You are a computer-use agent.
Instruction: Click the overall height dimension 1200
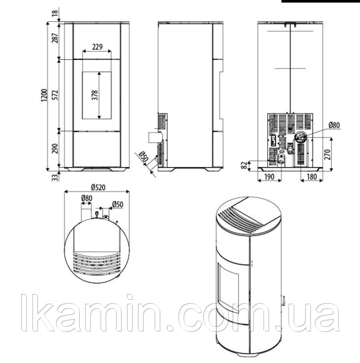click(x=44, y=95)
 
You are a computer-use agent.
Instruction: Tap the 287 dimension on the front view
click(x=55, y=37)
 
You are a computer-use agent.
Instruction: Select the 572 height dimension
click(x=55, y=95)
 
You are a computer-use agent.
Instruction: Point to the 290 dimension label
click(x=55, y=149)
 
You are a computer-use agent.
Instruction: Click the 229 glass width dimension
click(x=97, y=47)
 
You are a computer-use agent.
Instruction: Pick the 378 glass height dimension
click(x=95, y=95)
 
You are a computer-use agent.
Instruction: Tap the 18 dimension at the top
click(x=55, y=12)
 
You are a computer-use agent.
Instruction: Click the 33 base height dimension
click(x=55, y=177)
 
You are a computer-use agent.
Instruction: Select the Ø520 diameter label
click(x=99, y=187)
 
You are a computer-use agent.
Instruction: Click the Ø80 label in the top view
click(x=87, y=198)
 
